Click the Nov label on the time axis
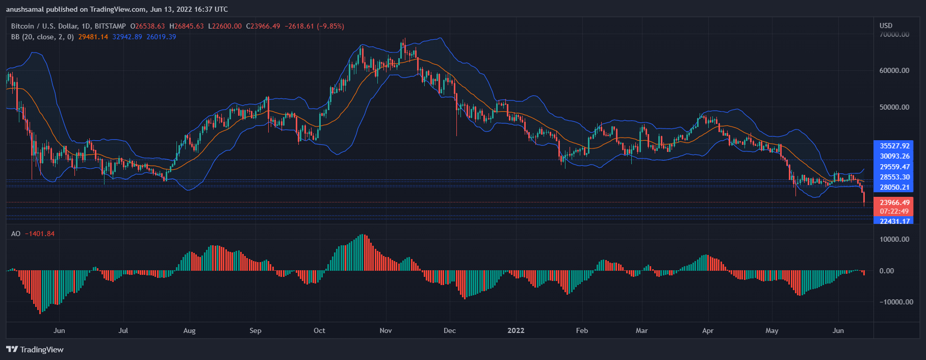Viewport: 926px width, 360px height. pyautogui.click(x=385, y=330)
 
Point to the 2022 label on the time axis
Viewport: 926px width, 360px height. pyautogui.click(x=516, y=330)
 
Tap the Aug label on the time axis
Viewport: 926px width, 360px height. pyautogui.click(x=189, y=330)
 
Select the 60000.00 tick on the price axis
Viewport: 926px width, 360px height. pyautogui.click(x=894, y=70)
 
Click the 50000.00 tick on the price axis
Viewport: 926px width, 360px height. pyautogui.click(x=894, y=107)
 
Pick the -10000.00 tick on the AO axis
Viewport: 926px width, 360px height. pyautogui.click(x=896, y=302)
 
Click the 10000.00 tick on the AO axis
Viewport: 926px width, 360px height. pyautogui.click(x=894, y=239)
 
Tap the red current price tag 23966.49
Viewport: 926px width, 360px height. pyautogui.click(x=894, y=202)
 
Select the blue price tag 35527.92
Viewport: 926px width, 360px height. pyautogui.click(x=894, y=146)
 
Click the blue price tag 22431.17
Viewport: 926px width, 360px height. pyautogui.click(x=894, y=221)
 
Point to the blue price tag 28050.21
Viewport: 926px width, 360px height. pyautogui.click(x=894, y=187)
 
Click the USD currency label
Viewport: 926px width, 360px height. pyautogui.click(x=886, y=25)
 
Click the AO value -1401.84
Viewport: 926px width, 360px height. pyautogui.click(x=40, y=234)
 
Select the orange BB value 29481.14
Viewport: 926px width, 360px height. pyautogui.click(x=93, y=37)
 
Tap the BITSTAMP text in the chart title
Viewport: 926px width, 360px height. pyautogui.click(x=110, y=26)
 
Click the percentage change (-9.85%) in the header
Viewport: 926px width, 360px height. pyautogui.click(x=330, y=26)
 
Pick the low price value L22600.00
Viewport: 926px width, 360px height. pyautogui.click(x=225, y=26)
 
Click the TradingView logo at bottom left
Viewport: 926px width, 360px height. pyautogui.click(x=35, y=349)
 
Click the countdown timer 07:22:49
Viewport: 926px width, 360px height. pyautogui.click(x=894, y=211)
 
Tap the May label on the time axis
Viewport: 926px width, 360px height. pyautogui.click(x=771, y=330)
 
